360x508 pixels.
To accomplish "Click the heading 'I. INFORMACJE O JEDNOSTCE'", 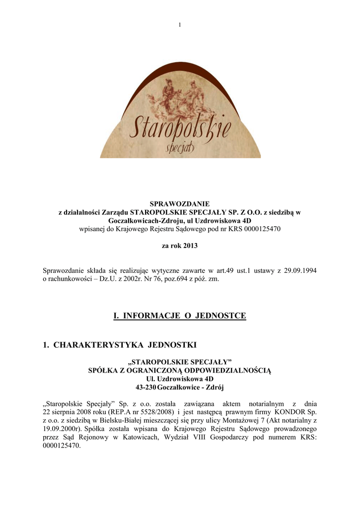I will pyautogui.click(x=180, y=316).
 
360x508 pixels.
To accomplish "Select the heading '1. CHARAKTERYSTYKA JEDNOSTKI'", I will pyautogui.click(x=120, y=344).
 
